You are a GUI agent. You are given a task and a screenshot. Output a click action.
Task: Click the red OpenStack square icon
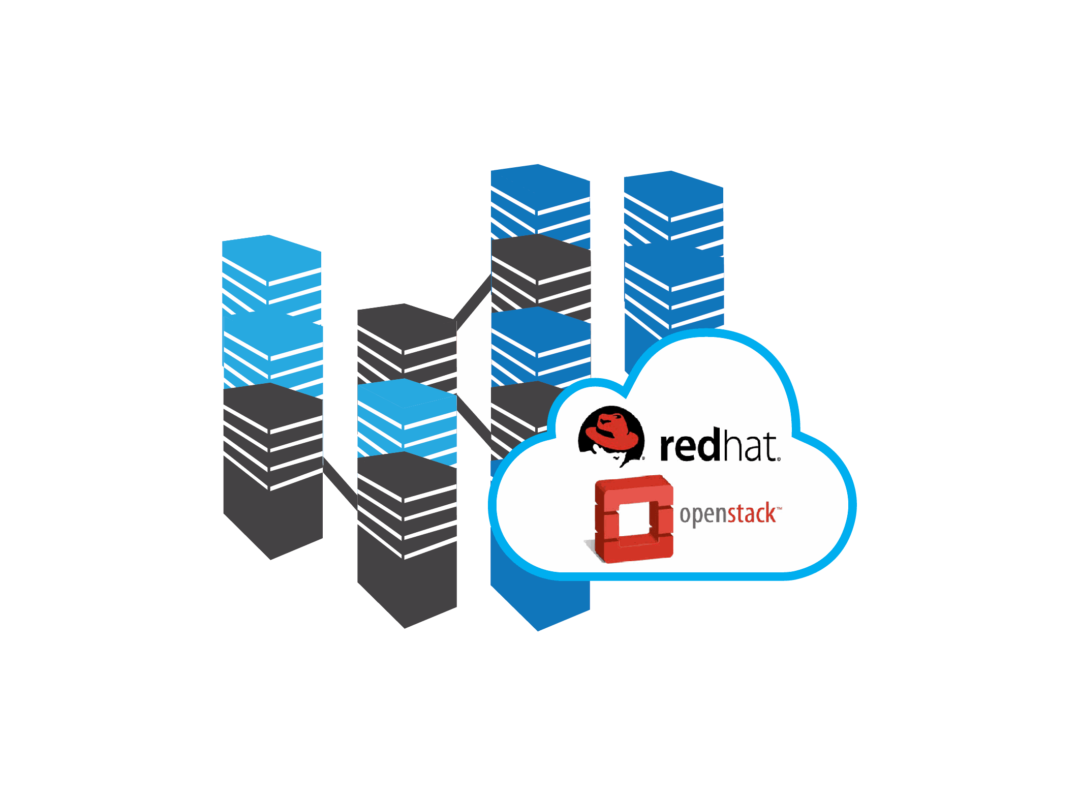point(634,518)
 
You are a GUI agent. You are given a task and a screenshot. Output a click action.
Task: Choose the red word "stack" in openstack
point(752,514)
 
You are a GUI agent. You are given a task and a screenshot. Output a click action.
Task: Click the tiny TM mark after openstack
point(779,507)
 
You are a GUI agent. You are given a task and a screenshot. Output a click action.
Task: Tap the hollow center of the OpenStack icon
point(632,521)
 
